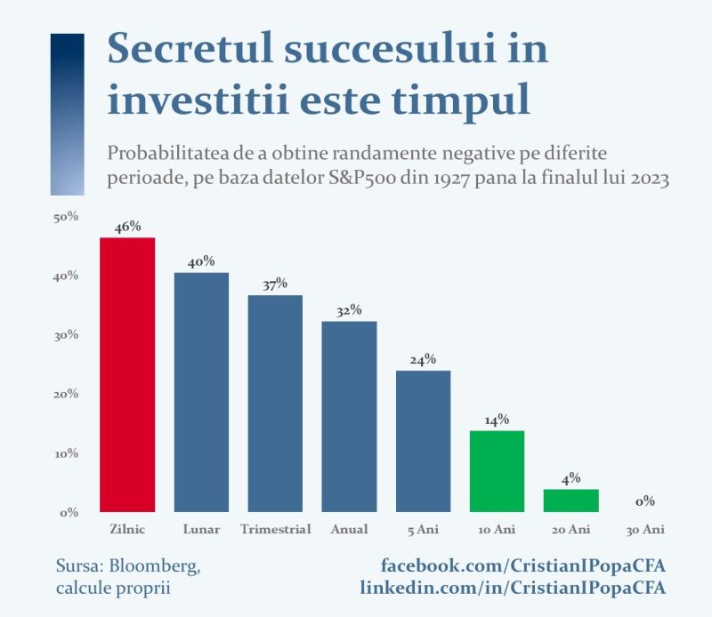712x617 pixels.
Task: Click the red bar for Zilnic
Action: [x=127, y=375]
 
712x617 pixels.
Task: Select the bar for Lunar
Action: [x=201, y=392]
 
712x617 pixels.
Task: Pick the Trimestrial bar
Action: [x=275, y=404]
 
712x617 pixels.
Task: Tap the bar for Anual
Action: [x=349, y=416]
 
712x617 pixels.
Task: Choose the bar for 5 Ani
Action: [x=424, y=442]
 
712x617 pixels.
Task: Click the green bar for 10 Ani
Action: [x=497, y=471]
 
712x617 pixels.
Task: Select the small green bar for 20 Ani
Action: [x=570, y=501]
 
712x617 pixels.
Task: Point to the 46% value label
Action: [x=127, y=227]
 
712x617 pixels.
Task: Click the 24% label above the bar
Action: [x=424, y=360]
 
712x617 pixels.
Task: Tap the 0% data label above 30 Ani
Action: [x=645, y=501]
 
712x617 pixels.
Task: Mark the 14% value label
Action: [x=497, y=420]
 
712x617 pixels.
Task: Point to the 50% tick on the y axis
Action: [x=66, y=217]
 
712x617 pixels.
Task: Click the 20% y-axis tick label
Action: [x=66, y=394]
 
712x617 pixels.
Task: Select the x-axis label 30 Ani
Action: [x=645, y=530]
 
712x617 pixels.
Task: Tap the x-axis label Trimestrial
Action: [x=276, y=529]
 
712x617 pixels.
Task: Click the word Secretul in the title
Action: [x=190, y=48]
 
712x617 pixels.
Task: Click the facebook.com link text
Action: [x=523, y=565]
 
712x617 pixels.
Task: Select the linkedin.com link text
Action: [x=514, y=588]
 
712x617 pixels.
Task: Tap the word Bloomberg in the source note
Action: [x=154, y=566]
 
